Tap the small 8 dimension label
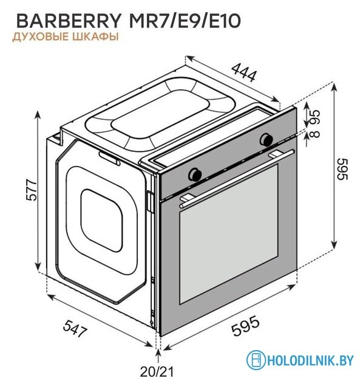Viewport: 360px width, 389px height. point(315,134)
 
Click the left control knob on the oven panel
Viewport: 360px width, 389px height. point(196,173)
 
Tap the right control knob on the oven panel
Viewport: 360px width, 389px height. point(265,140)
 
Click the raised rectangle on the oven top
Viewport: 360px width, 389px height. point(159,115)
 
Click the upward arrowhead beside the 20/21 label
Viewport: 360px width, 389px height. point(159,351)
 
